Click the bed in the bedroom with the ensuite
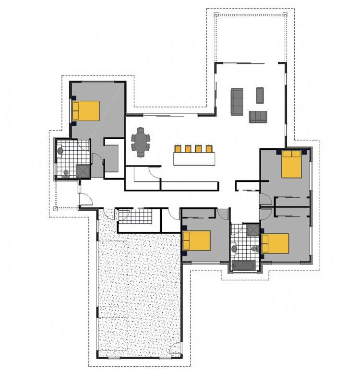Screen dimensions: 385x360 (x=86, y=110)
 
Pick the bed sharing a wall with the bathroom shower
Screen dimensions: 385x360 (x=276, y=243)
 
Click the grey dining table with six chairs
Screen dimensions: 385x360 (x=141, y=142)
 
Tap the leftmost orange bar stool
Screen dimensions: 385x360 (x=179, y=148)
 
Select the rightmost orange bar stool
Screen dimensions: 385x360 (x=209, y=148)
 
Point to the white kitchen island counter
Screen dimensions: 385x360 (x=194, y=159)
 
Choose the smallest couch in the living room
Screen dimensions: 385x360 (x=260, y=95)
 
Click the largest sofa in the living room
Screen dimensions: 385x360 (x=237, y=102)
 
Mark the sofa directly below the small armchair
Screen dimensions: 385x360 (x=258, y=117)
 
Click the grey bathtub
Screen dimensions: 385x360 (x=245, y=265)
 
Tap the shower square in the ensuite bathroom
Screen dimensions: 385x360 (x=83, y=171)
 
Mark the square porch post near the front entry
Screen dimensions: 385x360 (x=56, y=209)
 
